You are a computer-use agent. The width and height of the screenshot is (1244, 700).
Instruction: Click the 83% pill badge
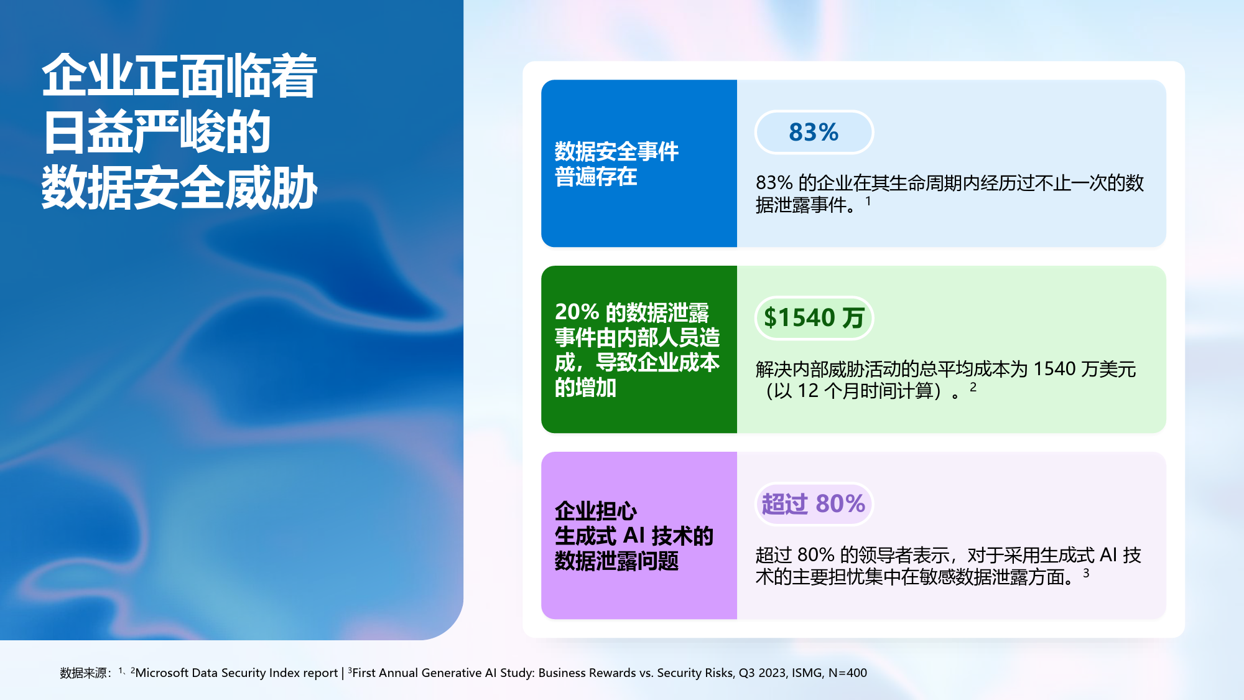tap(814, 132)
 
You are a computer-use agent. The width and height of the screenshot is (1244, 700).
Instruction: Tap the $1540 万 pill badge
tap(814, 318)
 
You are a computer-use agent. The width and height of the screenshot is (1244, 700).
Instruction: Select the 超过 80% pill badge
tap(814, 504)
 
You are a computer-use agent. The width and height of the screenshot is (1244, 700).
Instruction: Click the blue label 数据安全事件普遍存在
tap(616, 164)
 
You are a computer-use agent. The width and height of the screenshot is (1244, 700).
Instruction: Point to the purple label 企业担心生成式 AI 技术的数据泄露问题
tap(634, 536)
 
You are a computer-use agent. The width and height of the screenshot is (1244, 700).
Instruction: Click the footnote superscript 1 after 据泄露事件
tap(868, 201)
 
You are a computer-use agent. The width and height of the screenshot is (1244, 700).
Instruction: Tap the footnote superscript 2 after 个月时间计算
tap(973, 387)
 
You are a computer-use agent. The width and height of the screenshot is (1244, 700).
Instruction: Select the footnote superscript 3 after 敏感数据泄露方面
tap(1086, 573)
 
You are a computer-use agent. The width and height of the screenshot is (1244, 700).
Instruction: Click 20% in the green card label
tap(577, 312)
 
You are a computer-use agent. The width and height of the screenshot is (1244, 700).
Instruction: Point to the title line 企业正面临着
tap(180, 76)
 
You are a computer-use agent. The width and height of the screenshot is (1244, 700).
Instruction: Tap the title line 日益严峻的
tap(157, 132)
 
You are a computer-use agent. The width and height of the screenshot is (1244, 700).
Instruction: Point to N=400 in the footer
tap(848, 673)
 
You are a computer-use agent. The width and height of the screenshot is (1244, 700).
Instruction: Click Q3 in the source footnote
tap(746, 673)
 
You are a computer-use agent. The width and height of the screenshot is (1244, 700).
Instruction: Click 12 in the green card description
tap(808, 391)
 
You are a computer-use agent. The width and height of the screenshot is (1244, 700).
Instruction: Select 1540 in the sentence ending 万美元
tap(1054, 369)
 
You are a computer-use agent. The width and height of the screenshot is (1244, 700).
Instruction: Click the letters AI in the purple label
tap(634, 536)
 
